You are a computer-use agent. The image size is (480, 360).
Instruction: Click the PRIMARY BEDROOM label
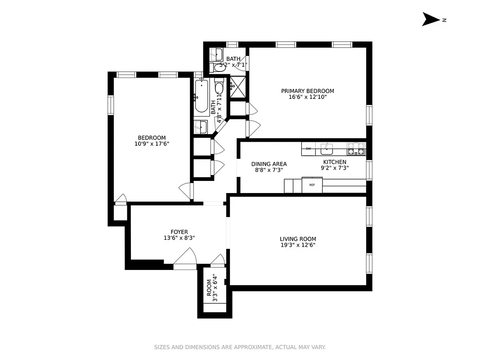[307, 91]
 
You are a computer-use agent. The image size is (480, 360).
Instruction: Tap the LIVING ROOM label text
[298, 239]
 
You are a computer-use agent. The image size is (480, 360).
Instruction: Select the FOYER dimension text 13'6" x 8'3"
[179, 238]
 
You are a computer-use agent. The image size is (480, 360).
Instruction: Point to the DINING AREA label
[269, 164]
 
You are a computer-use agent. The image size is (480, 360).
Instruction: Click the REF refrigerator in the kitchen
[312, 185]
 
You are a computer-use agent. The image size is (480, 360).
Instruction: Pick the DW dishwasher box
[309, 148]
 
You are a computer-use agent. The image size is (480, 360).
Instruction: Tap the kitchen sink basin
[326, 148]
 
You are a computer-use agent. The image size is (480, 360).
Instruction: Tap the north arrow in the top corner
[433, 19]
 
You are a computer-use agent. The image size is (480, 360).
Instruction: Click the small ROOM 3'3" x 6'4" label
[211, 288]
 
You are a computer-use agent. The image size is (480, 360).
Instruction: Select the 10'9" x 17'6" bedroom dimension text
[152, 144]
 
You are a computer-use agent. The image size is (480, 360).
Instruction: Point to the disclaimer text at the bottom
[240, 347]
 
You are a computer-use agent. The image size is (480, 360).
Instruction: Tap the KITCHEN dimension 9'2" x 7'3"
[334, 168]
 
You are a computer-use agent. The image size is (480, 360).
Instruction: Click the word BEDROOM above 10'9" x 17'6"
[152, 138]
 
